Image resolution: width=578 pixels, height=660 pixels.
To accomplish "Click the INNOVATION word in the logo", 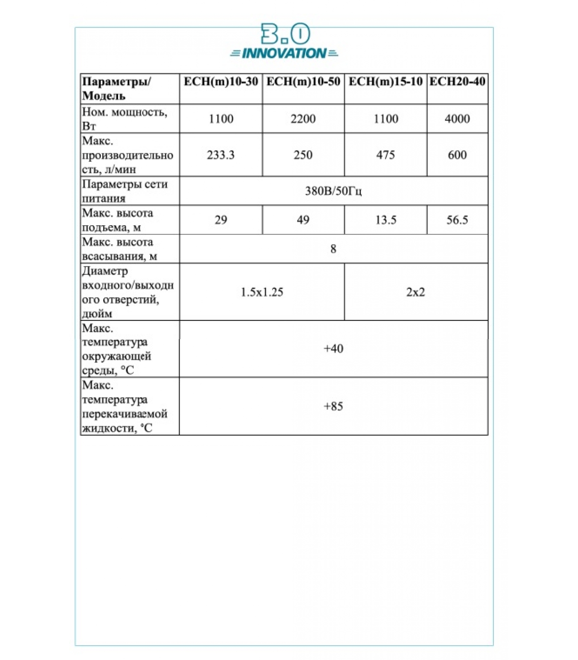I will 284,53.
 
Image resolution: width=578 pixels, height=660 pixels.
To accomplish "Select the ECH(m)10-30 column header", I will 221,82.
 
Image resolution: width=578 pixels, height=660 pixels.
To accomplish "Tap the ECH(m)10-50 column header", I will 303,82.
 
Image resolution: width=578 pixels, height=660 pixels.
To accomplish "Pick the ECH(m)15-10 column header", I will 386,82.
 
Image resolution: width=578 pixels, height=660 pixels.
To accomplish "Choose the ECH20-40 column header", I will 457,82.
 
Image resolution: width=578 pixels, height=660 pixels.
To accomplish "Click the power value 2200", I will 303,119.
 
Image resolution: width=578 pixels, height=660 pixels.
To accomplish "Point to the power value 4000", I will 457,119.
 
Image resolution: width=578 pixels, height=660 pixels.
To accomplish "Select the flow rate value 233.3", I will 220,155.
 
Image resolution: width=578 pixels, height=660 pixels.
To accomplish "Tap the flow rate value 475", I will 385,155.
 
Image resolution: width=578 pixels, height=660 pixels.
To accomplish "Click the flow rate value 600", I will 457,155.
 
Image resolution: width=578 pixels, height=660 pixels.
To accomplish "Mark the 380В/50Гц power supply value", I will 333,191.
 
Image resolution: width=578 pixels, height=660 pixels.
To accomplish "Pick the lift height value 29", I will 220,220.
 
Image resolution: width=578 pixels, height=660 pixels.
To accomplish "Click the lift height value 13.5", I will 386,220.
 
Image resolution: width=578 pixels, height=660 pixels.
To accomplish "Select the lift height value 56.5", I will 457,220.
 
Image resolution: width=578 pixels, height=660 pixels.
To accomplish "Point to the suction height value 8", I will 333,249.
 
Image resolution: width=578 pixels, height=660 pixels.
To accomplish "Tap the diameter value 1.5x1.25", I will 262,292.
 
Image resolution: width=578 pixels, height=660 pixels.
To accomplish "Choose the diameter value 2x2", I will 415,292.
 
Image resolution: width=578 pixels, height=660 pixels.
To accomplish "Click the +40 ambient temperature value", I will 333,349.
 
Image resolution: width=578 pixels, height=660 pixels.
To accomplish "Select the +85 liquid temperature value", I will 333,406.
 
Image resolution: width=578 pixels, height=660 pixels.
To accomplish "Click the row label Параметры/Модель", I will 116,89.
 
